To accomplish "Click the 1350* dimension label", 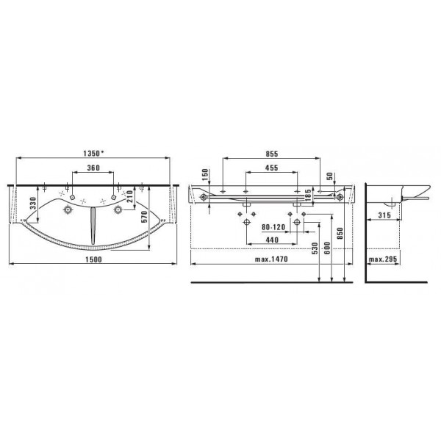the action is pos(93,153).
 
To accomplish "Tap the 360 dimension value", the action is pos(93,168).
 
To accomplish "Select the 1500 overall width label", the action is pos(93,259).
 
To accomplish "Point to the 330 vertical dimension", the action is pos(34,203).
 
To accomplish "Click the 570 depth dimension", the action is pos(144,217).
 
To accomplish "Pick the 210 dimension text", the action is pos(129,196).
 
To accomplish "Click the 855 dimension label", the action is pos(272,154).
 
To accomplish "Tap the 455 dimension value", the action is pos(272,168).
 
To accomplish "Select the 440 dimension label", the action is pos(272,240).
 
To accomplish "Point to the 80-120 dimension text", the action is pos(273,227).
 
